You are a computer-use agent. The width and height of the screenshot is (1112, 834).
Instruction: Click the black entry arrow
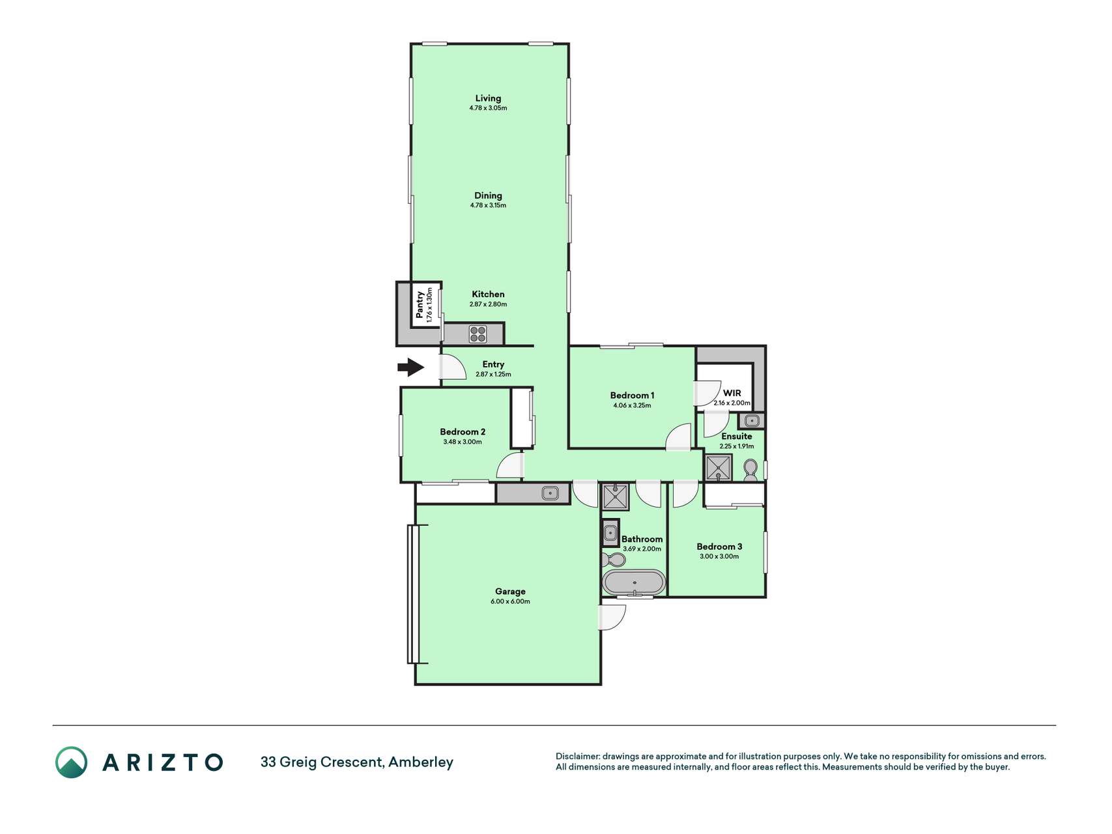(x=411, y=367)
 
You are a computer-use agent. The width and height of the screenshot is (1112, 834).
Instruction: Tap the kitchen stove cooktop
(x=478, y=334)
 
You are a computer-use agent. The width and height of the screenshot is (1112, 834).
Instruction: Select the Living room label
(x=488, y=98)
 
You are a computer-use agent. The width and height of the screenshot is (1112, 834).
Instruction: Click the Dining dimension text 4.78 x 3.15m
(x=488, y=205)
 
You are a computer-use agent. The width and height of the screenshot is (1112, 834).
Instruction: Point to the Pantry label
(x=420, y=304)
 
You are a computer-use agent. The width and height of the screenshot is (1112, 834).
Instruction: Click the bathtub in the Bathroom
(x=634, y=582)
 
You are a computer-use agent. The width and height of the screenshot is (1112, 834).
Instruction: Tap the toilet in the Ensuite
(x=750, y=470)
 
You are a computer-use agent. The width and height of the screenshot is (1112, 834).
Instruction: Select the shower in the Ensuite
(x=719, y=468)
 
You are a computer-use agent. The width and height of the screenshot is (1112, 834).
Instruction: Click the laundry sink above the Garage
(x=550, y=493)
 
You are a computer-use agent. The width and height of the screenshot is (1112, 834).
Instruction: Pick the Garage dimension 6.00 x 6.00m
(x=510, y=601)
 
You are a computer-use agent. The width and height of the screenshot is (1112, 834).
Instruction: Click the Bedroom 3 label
(x=719, y=547)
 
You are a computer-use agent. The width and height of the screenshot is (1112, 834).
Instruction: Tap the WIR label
(x=732, y=393)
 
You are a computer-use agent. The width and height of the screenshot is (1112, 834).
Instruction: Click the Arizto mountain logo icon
(x=71, y=762)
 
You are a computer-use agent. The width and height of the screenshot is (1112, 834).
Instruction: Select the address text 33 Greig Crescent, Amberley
(x=357, y=762)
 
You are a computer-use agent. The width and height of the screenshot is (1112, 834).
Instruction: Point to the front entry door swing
(x=453, y=367)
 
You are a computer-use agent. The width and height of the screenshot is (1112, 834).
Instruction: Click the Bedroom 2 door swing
(x=510, y=467)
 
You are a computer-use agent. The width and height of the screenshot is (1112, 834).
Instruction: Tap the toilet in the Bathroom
(x=613, y=560)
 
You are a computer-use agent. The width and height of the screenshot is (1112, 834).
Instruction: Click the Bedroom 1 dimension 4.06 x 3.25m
(x=632, y=405)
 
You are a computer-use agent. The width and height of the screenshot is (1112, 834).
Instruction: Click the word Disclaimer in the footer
(x=577, y=756)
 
